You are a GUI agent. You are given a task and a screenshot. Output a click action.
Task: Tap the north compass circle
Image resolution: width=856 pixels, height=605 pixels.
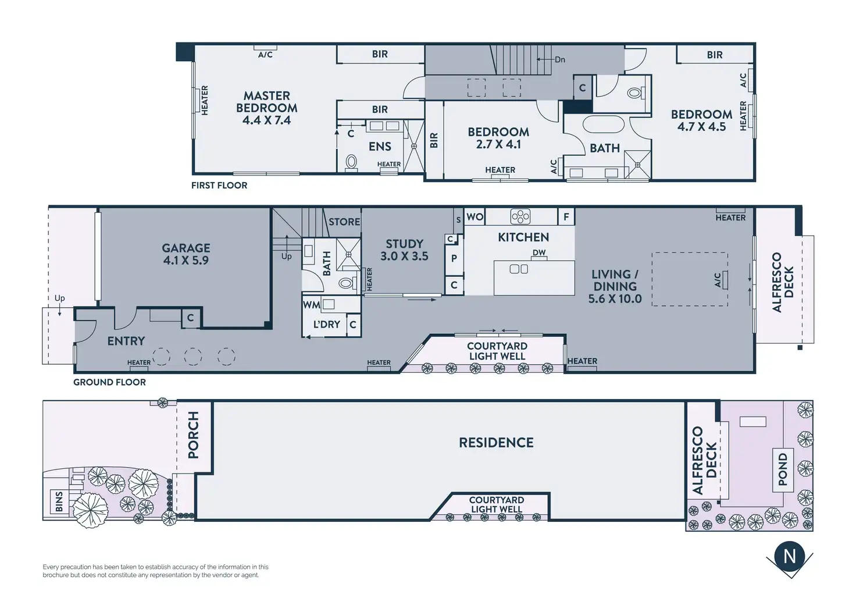(790, 557)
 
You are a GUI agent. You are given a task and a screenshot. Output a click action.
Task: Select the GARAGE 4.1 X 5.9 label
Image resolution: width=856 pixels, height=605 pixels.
(186, 254)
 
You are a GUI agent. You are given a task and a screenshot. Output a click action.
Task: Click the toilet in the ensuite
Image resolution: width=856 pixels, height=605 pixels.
(351, 162)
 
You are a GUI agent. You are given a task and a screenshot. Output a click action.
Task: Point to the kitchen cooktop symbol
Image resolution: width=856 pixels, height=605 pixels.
(520, 217)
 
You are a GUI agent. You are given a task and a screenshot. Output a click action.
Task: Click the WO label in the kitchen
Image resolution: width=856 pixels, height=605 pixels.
(475, 217)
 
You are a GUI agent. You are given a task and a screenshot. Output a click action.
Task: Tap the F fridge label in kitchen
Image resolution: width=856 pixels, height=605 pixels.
(566, 217)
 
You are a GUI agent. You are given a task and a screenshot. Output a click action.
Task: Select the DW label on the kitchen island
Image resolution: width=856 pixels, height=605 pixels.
(539, 252)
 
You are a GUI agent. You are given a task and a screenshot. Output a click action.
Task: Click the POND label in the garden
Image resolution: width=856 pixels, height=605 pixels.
(783, 469)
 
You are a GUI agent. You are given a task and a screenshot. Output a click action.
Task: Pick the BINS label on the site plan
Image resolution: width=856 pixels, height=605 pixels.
(59, 501)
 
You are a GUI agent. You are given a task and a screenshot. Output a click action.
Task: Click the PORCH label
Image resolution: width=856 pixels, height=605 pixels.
(194, 435)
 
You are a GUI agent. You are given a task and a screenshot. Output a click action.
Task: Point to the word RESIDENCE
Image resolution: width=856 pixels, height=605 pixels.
(496, 443)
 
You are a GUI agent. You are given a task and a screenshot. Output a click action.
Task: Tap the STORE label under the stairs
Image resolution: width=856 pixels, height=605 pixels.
(344, 222)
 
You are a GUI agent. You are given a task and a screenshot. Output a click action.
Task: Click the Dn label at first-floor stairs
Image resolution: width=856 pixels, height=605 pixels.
(560, 59)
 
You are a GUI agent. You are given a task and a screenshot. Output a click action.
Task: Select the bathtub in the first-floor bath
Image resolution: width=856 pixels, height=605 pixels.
(604, 124)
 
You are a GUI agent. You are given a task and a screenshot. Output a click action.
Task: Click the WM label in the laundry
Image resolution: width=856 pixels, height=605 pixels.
(312, 305)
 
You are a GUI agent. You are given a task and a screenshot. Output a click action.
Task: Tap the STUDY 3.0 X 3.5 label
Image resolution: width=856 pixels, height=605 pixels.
(404, 250)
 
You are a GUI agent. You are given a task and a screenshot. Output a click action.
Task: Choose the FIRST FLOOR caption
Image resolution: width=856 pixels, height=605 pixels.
(219, 186)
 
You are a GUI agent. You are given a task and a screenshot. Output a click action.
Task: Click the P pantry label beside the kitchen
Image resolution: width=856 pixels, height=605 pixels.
(454, 258)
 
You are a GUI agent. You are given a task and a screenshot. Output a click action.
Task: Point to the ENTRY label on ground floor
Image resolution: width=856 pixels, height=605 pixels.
(126, 341)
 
